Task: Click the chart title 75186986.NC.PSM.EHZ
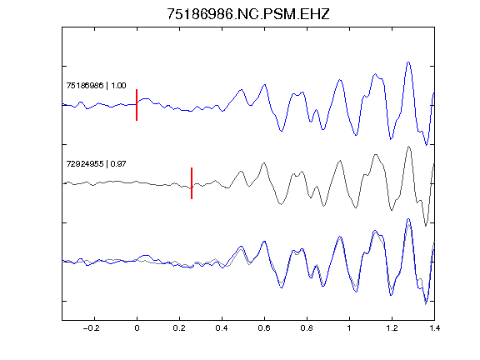[x=248, y=14]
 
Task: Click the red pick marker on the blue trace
[x=137, y=105]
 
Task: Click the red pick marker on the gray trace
[x=192, y=183]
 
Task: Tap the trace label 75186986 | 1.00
[x=96, y=85]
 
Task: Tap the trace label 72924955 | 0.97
[x=96, y=164]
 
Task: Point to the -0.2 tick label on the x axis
[x=92, y=328]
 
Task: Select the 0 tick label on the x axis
[x=137, y=328]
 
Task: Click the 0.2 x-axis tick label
[x=179, y=328]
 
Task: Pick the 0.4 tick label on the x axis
[x=222, y=328]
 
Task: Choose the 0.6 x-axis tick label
[x=264, y=328]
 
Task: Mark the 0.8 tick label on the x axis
[x=307, y=328]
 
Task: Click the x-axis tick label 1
[x=349, y=328]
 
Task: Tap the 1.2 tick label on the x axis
[x=392, y=328]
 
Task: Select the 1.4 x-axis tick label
[x=434, y=328]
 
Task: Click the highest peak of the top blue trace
[x=408, y=62]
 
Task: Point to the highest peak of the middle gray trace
[x=408, y=147]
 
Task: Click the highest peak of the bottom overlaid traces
[x=408, y=219]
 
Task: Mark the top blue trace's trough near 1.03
[x=356, y=135]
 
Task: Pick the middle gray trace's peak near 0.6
[x=263, y=162]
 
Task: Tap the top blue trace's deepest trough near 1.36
[x=426, y=145]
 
